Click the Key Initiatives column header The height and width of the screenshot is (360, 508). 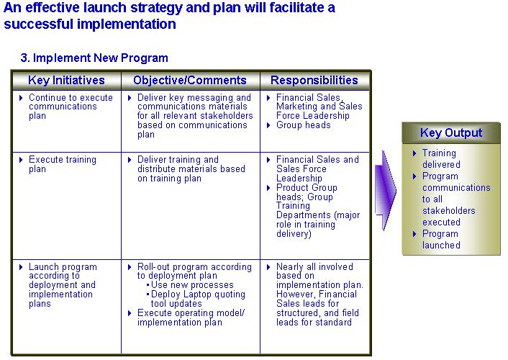(x=66, y=80)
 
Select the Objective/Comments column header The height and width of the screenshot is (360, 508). (x=190, y=80)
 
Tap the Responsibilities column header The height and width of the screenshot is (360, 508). (x=314, y=80)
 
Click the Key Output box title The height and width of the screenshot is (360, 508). (x=451, y=132)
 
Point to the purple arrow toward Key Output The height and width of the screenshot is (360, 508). (x=385, y=190)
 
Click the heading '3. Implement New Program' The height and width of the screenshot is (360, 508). (x=94, y=58)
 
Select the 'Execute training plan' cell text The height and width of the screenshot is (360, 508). (x=63, y=164)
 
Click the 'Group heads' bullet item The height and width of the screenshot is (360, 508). (x=303, y=125)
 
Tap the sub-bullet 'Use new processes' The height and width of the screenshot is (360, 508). (x=192, y=284)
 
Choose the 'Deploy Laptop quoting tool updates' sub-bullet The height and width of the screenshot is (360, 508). (x=198, y=299)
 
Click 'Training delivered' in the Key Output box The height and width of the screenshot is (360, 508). (x=441, y=158)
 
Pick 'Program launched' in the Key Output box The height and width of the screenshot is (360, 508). (x=441, y=239)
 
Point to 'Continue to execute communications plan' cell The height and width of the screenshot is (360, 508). (x=71, y=107)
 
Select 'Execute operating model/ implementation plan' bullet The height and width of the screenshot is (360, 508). (x=191, y=318)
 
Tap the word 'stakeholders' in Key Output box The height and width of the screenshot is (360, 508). (x=449, y=210)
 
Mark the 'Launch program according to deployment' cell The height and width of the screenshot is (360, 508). (x=63, y=285)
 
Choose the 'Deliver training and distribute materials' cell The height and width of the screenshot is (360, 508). (x=191, y=168)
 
